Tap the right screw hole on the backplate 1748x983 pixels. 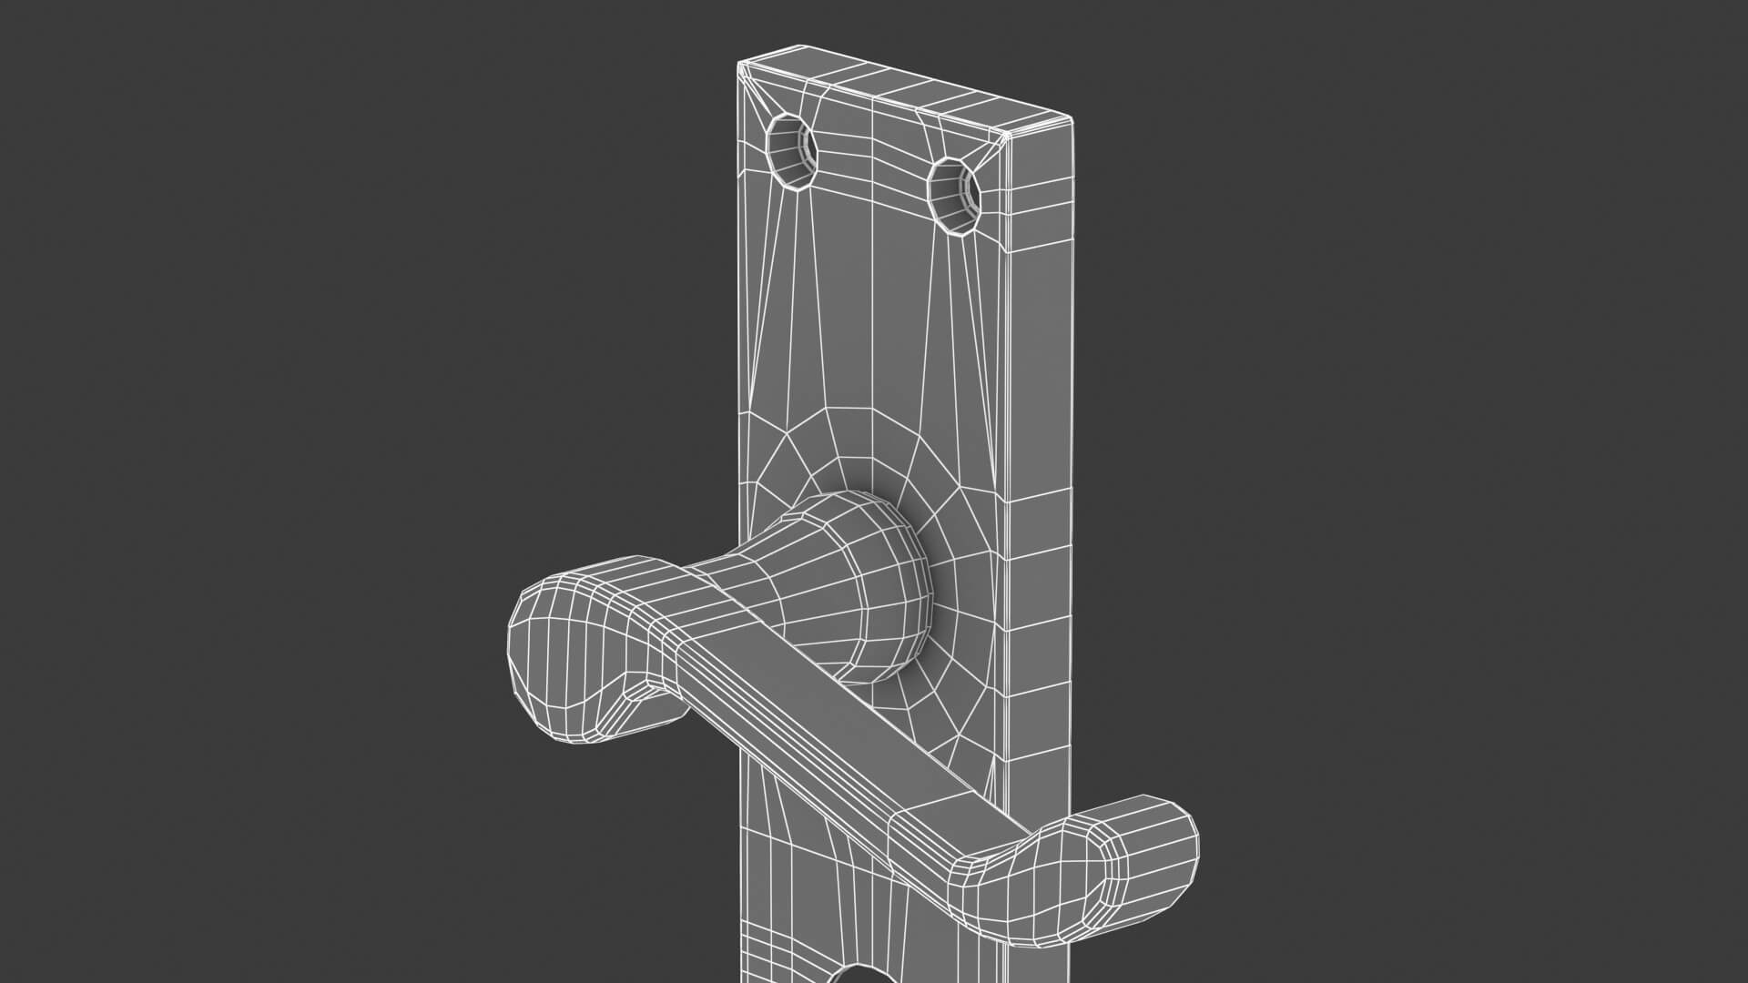point(955,195)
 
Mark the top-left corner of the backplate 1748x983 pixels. point(739,64)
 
